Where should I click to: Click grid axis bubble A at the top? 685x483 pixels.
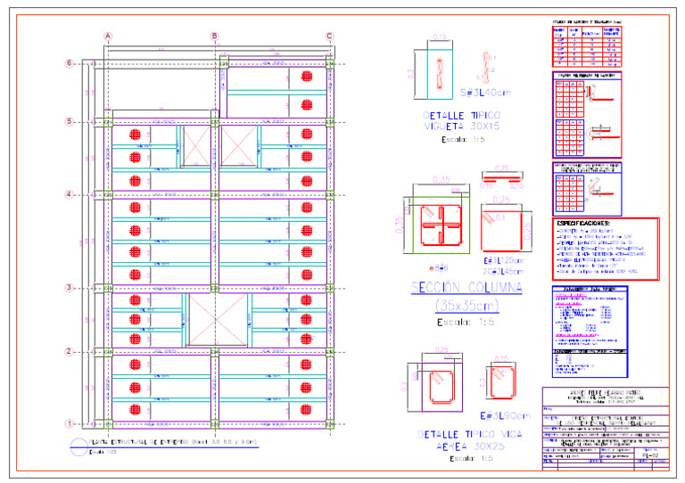[x=108, y=37]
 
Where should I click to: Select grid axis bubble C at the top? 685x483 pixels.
[x=330, y=37]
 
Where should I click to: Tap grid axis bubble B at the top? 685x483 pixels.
[x=214, y=37]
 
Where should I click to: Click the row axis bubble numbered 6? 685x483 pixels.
[x=69, y=63]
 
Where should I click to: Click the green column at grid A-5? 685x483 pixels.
[x=108, y=121]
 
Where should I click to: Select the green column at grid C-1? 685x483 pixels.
[x=330, y=424]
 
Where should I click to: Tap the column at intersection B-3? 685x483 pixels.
[x=214, y=288]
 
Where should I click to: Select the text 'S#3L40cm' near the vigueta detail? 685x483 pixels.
[x=485, y=93]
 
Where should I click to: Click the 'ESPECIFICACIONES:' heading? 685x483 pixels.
[x=584, y=223]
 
